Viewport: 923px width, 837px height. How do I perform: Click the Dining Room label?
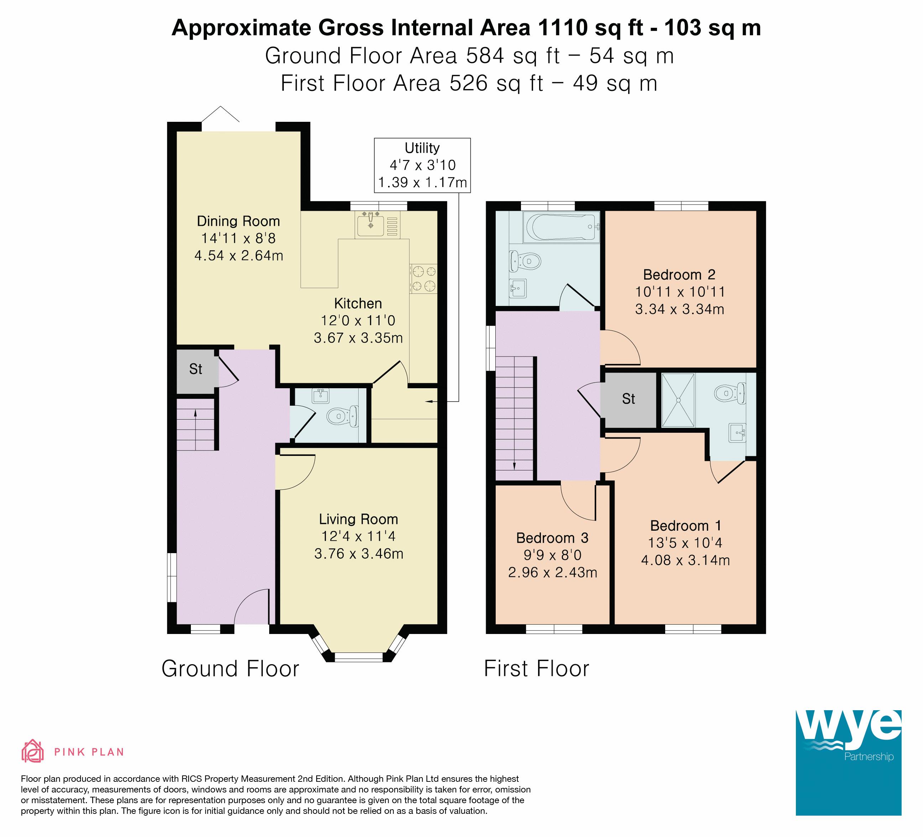click(x=238, y=221)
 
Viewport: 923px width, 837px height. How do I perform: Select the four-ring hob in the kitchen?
click(x=423, y=279)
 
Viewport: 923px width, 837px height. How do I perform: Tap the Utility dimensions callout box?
click(x=422, y=165)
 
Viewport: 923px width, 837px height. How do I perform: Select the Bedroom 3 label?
click(x=552, y=538)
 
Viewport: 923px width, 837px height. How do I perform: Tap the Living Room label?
click(x=359, y=519)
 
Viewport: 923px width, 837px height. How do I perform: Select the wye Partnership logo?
click(x=848, y=763)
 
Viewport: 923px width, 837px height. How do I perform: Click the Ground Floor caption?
click(x=230, y=669)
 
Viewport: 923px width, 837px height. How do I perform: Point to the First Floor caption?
click(x=537, y=669)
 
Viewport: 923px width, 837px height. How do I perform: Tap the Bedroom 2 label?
click(x=679, y=275)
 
